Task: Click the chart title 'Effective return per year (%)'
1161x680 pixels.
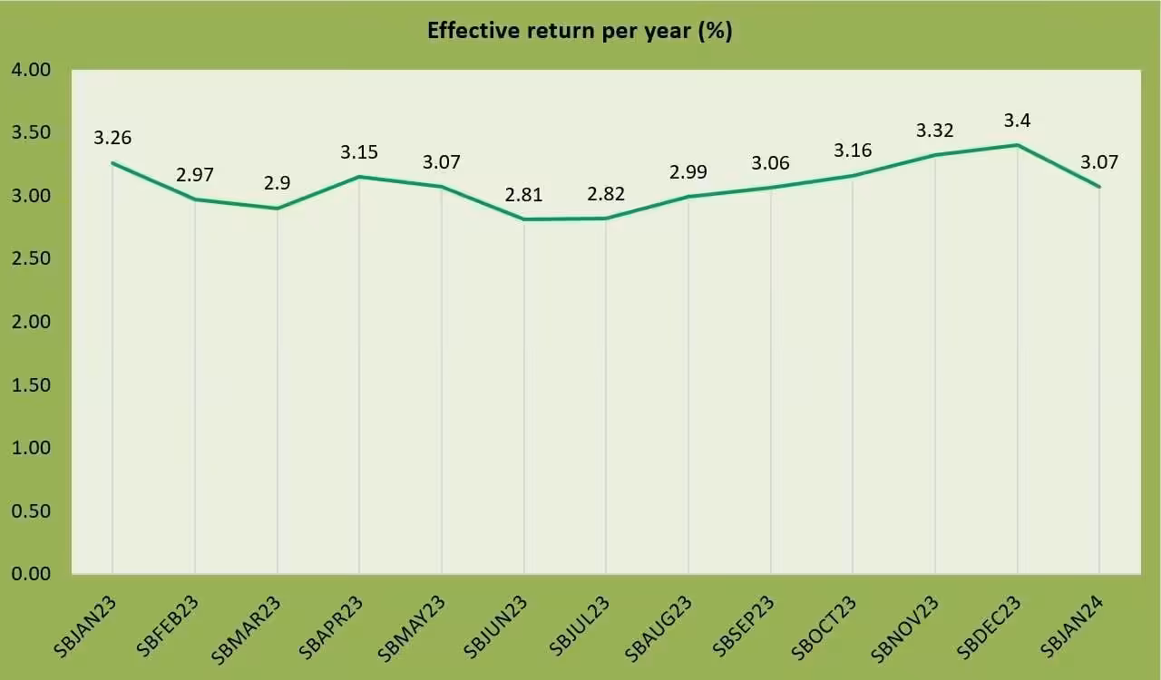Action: pyautogui.click(x=580, y=31)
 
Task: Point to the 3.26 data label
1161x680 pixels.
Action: pyautogui.click(x=112, y=138)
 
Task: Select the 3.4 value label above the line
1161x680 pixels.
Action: pyautogui.click(x=1017, y=121)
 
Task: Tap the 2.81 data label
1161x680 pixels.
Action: pyautogui.click(x=524, y=194)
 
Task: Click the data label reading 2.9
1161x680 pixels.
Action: pyautogui.click(x=278, y=183)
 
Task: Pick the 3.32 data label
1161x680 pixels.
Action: pyautogui.click(x=935, y=131)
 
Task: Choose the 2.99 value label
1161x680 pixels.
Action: pyautogui.click(x=688, y=172)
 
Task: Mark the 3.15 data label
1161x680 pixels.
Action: pyautogui.click(x=359, y=151)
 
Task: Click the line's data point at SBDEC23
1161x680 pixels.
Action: pyautogui.click(x=1017, y=145)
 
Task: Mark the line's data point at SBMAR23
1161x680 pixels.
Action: pyautogui.click(x=278, y=209)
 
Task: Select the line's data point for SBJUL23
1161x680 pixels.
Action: pyautogui.click(x=606, y=219)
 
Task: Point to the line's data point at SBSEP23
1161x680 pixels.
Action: pyautogui.click(x=771, y=188)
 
